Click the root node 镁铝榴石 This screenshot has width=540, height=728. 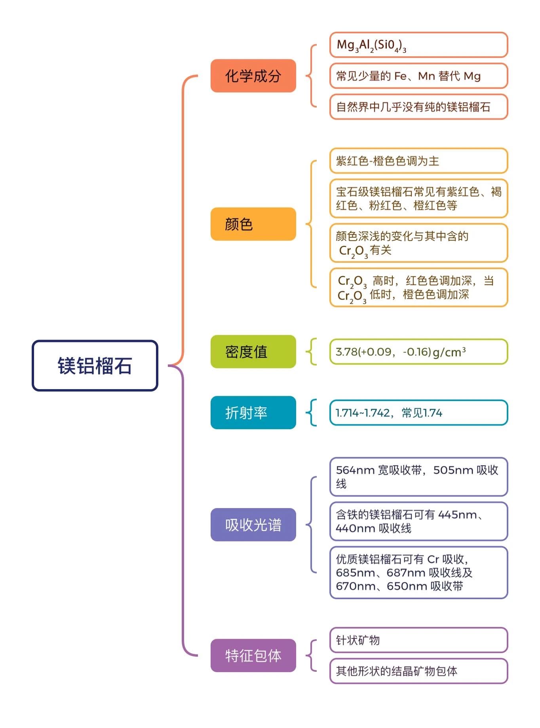[x=95, y=365]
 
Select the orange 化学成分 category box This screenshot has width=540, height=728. [x=253, y=76]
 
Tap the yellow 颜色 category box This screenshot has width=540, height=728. [x=253, y=224]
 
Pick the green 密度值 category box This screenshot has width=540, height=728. [x=253, y=352]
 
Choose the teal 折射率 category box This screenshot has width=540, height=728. [x=253, y=413]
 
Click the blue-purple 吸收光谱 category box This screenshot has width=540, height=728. [x=253, y=525]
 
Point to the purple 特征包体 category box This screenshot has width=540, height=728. [x=253, y=655]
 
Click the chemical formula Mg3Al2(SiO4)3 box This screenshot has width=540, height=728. [x=419, y=45]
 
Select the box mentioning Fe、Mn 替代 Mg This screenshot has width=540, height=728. [x=419, y=76]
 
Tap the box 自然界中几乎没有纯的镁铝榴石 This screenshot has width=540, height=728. [x=419, y=107]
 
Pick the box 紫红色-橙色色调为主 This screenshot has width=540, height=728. [x=419, y=161]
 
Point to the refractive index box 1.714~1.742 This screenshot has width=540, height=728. [x=419, y=413]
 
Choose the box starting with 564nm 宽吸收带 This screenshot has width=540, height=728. [x=419, y=477]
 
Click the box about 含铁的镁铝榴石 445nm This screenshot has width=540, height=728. [x=419, y=521]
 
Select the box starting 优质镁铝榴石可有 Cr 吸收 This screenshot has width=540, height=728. [x=419, y=572]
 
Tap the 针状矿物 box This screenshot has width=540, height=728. [x=419, y=640]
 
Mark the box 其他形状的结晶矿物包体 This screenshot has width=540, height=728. [x=419, y=671]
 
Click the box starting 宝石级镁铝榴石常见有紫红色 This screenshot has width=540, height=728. [x=419, y=198]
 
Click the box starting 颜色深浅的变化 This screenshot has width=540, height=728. [x=419, y=243]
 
